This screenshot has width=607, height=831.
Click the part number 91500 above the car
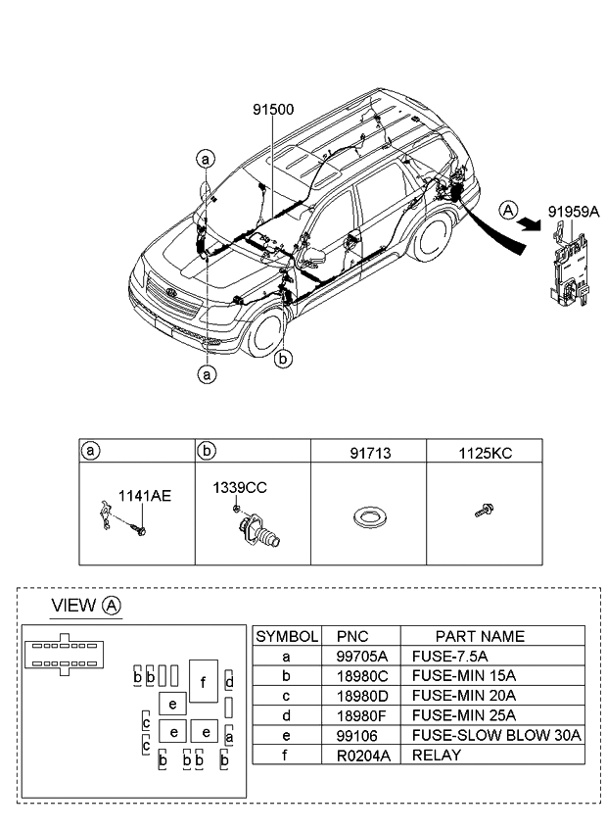273,110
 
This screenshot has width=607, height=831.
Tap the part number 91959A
574,212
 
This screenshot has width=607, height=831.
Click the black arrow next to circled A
531,224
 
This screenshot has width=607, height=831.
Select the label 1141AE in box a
145,496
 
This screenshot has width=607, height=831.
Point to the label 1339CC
240,488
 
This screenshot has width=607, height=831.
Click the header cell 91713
370,453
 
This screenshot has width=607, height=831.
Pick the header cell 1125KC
486,453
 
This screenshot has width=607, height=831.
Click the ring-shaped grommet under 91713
370,517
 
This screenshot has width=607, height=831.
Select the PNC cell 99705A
362,657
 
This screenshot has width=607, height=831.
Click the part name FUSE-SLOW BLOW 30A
496,735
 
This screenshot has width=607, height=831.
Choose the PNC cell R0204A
363,756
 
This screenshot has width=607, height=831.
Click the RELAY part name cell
437,756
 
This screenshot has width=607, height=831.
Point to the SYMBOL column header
287,637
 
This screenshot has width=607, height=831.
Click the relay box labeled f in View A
204,681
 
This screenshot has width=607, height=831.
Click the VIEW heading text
73,606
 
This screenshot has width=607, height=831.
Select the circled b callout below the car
283,359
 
